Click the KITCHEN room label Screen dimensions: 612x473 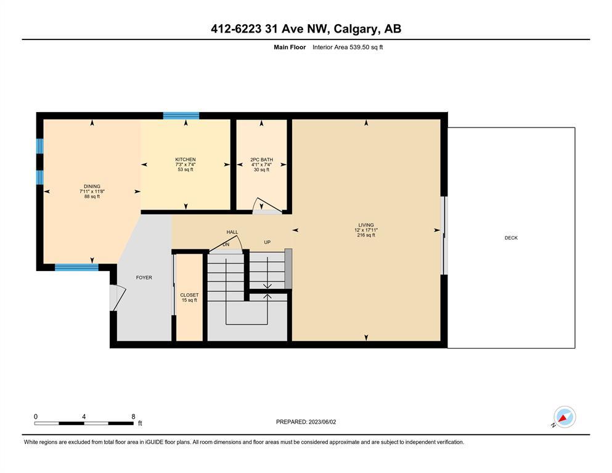pos(186,160)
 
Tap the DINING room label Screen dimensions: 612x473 pos(92,187)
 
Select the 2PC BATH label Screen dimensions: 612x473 pos(261,160)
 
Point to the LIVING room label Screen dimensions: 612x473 pos(366,225)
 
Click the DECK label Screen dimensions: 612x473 pos(511,238)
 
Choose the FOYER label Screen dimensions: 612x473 pos(144,278)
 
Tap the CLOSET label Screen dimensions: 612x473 pos(189,295)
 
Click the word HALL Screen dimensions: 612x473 pos(232,232)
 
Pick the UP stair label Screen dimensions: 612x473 pos(267,242)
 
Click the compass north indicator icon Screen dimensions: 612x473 pos(565,417)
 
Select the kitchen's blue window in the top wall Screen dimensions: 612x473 pos(181,115)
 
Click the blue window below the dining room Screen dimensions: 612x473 pos(76,267)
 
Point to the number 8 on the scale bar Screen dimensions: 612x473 pos(134,416)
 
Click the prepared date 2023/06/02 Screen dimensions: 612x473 pos(322,422)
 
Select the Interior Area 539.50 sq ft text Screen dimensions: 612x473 pos(348,47)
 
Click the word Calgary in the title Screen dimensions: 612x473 pos(356,29)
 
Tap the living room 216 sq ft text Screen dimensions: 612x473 pos(366,235)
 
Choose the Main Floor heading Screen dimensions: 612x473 pos(290,47)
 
